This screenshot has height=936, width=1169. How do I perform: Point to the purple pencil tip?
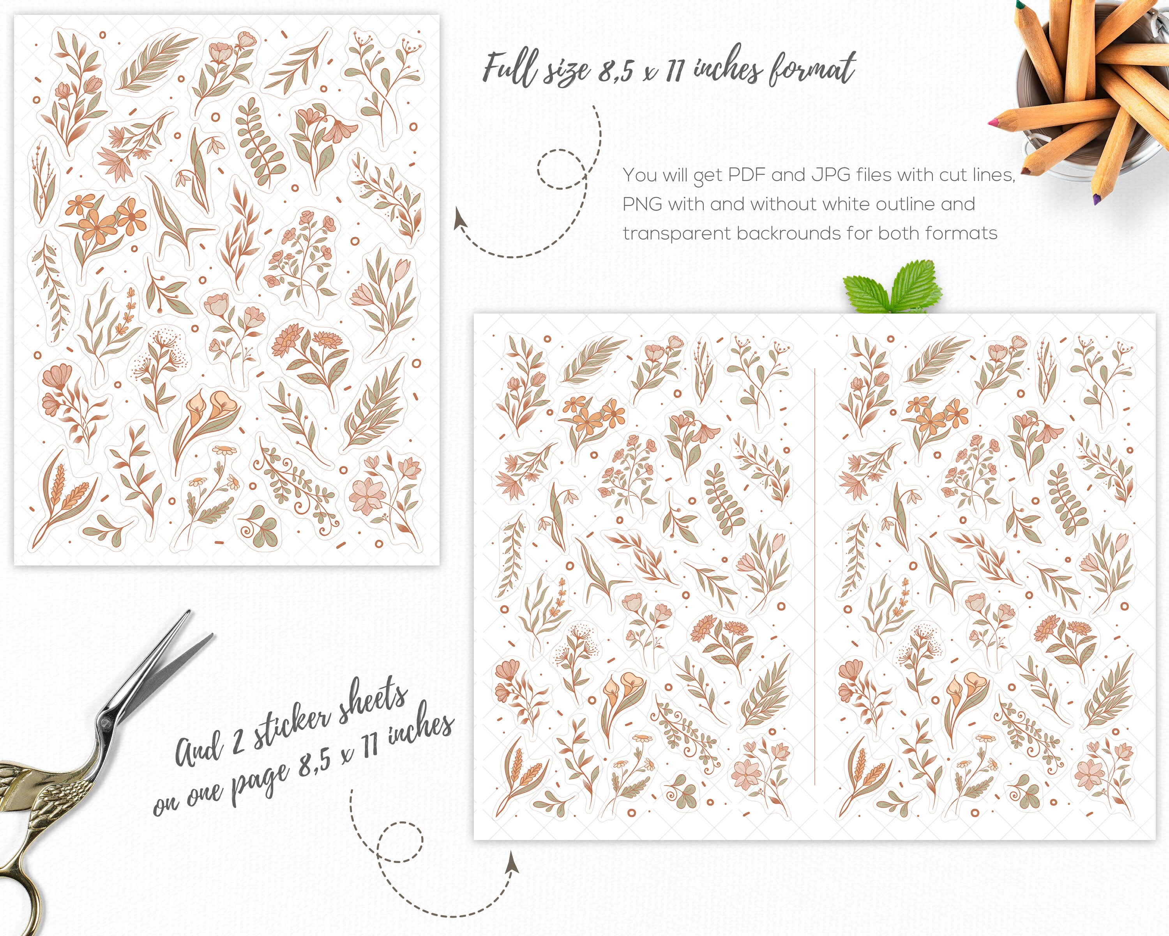tap(1097, 199)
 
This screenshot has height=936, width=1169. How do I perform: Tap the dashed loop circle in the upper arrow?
tap(561, 169)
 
